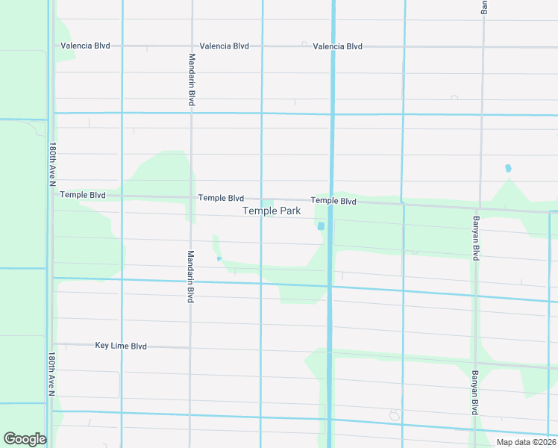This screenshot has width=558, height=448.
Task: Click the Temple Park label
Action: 272,211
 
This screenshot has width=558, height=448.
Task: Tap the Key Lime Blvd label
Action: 121,346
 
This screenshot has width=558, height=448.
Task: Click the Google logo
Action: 25,439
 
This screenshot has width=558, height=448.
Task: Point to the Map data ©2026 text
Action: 526,442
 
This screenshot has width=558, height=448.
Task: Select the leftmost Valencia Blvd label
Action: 85,46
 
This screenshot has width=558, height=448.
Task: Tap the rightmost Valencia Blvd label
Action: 337,46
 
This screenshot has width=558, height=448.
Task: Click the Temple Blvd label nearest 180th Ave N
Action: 82,195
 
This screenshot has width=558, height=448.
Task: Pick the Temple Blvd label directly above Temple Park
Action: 221,198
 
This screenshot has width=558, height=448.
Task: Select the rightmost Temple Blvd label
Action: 333,201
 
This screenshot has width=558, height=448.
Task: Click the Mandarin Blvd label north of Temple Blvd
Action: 192,79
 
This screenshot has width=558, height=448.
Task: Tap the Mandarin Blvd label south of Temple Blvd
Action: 191,276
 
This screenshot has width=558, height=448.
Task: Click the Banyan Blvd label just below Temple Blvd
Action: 475,238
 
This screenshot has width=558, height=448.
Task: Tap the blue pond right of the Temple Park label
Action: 321,226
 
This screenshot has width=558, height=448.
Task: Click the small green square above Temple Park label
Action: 267,202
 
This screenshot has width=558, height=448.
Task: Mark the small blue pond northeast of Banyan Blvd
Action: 508,168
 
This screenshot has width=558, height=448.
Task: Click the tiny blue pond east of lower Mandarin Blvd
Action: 219,258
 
